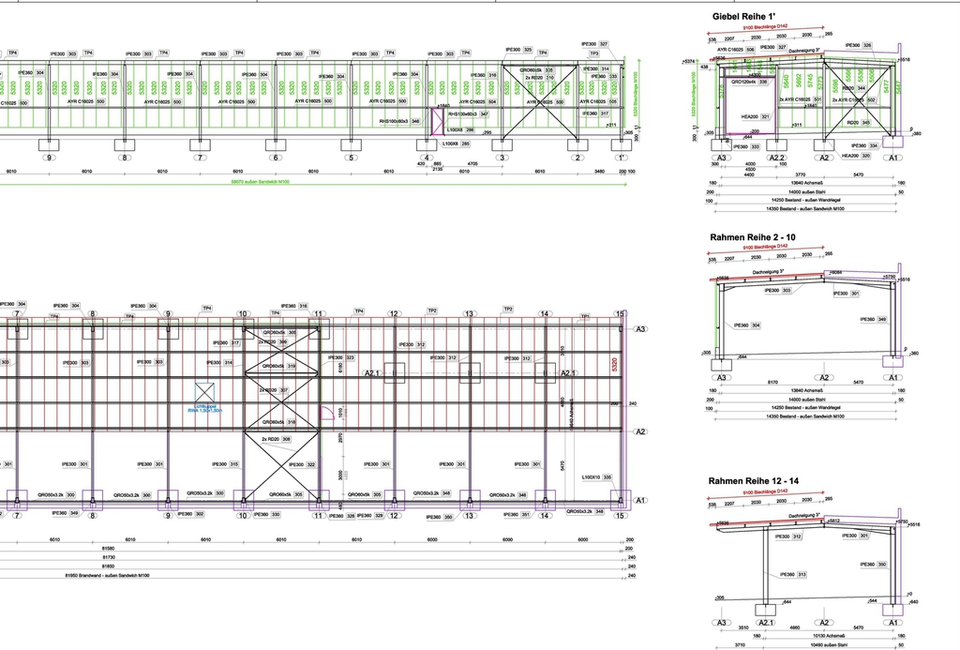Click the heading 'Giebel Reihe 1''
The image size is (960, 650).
click(744, 17)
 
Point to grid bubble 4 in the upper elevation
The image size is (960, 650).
click(427, 158)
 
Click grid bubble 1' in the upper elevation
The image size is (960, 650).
click(619, 158)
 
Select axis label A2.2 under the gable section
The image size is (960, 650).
click(777, 159)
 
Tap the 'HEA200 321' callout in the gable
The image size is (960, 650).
click(754, 116)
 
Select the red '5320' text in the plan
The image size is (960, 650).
click(614, 366)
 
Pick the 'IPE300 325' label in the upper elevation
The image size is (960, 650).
click(519, 50)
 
